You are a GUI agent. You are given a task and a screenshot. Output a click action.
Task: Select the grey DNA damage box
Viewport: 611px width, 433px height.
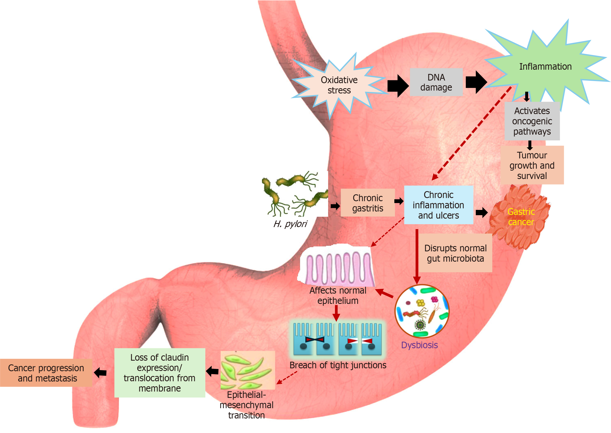[x=436, y=82]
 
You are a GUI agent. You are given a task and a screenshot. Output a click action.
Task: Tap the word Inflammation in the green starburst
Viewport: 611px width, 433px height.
[x=545, y=67]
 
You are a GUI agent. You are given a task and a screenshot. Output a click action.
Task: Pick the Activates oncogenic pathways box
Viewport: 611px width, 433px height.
[x=532, y=121]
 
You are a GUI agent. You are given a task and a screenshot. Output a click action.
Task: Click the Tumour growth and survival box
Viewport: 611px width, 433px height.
[x=532, y=166]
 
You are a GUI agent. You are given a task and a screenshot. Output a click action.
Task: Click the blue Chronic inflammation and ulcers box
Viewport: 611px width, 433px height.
[x=438, y=205]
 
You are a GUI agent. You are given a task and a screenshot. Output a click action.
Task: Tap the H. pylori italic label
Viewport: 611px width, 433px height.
[x=290, y=224]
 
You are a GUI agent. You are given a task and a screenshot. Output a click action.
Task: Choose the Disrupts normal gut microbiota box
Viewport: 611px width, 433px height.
[x=455, y=253]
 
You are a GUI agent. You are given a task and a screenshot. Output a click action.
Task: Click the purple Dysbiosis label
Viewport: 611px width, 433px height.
[x=419, y=345]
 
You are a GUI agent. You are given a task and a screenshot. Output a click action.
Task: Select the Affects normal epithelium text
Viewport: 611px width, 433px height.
[x=338, y=296]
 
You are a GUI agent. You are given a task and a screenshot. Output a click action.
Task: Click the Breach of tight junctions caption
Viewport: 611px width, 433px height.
[x=338, y=365]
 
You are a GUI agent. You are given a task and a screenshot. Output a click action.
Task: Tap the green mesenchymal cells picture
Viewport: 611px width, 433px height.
[x=247, y=370]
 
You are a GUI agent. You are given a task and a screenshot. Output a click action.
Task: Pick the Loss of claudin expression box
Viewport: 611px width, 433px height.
[x=159, y=373]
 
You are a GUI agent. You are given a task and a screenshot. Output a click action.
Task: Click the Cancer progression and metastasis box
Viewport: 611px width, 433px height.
[x=46, y=373]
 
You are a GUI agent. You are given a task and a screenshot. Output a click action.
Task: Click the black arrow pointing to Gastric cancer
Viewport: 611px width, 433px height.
[x=481, y=213]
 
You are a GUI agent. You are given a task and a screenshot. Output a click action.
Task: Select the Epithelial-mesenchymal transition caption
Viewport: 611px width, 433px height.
[x=246, y=405]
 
